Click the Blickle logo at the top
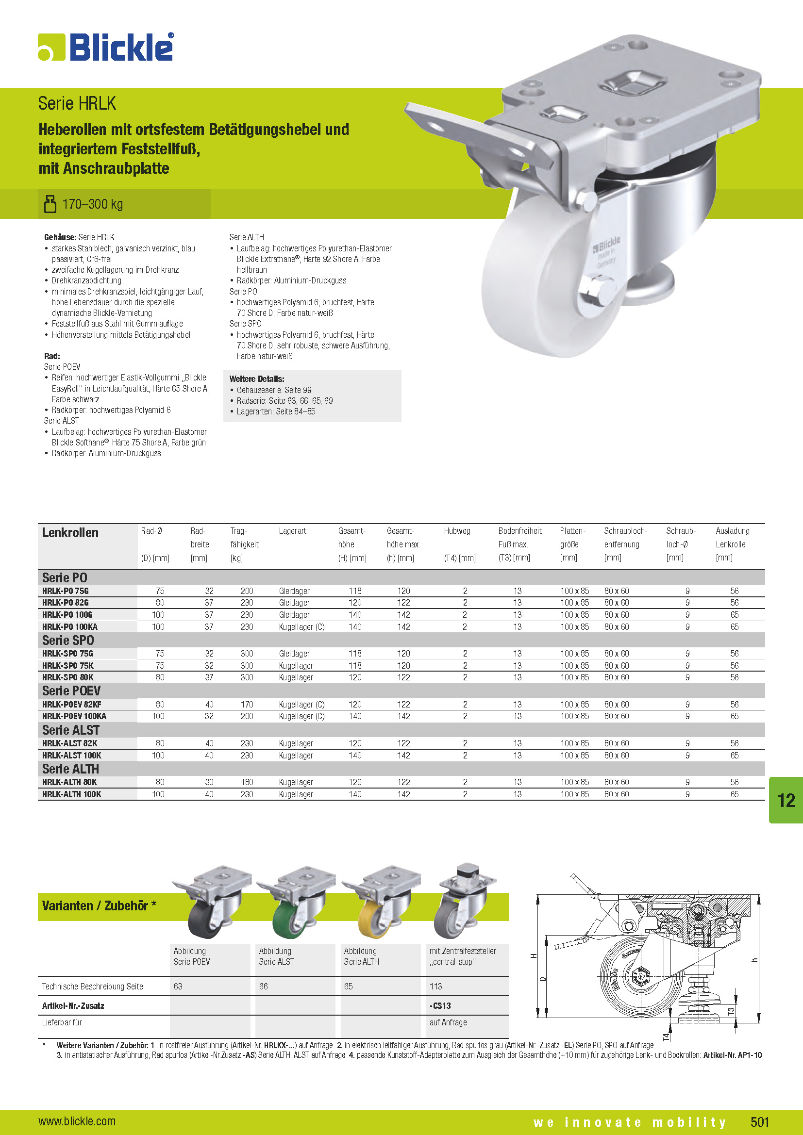coord(106,47)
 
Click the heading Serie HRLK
coord(77,104)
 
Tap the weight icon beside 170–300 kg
coord(50,204)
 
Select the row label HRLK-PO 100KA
coord(70,627)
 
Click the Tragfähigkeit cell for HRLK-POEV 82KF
coord(247,705)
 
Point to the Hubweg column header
coord(457,531)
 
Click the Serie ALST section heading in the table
coord(71,730)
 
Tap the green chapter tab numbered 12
coord(786,800)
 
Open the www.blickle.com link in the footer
coord(77,1121)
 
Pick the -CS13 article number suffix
coord(440,1006)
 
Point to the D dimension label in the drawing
coord(542,979)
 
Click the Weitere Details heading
coord(257,379)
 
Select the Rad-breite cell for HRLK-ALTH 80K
coord(209,782)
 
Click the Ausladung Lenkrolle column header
coord(732,537)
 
